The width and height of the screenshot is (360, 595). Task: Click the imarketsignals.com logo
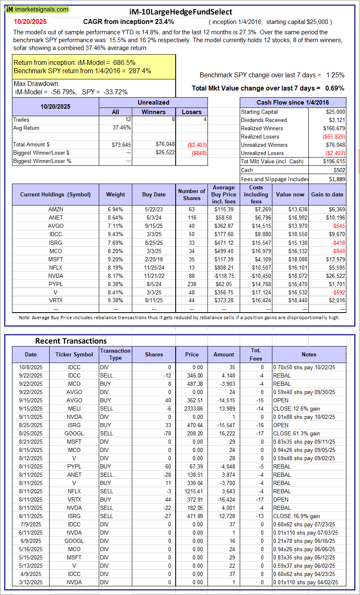pyautogui.click(x=37, y=9)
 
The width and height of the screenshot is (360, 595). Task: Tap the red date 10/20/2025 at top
pyautogui.click(x=30, y=22)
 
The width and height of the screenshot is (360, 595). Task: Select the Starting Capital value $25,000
pyautogui.click(x=335, y=112)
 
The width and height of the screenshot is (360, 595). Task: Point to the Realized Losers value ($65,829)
pyautogui.click(x=334, y=136)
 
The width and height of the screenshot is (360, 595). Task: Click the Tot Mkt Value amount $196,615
pyautogui.click(x=334, y=161)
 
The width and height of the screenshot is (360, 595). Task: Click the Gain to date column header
pyautogui.click(x=327, y=194)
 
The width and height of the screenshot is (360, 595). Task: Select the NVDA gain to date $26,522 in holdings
pyautogui.click(x=334, y=276)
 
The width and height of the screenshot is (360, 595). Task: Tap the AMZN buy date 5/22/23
pyautogui.click(x=154, y=209)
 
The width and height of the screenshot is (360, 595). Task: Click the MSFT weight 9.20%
pyautogui.click(x=115, y=259)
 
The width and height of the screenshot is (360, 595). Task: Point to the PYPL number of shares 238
pyautogui.click(x=191, y=284)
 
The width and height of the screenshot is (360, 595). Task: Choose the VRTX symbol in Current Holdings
pyautogui.click(x=55, y=301)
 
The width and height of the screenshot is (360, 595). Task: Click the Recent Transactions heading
pyautogui.click(x=71, y=341)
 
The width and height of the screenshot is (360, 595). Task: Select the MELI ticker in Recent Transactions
pyautogui.click(x=74, y=409)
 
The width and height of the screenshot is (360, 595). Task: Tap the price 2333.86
pyautogui.click(x=192, y=409)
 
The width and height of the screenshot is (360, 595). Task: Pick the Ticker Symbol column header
pyautogui.click(x=74, y=354)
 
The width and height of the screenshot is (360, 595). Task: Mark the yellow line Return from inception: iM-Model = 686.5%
pyautogui.click(x=74, y=63)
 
